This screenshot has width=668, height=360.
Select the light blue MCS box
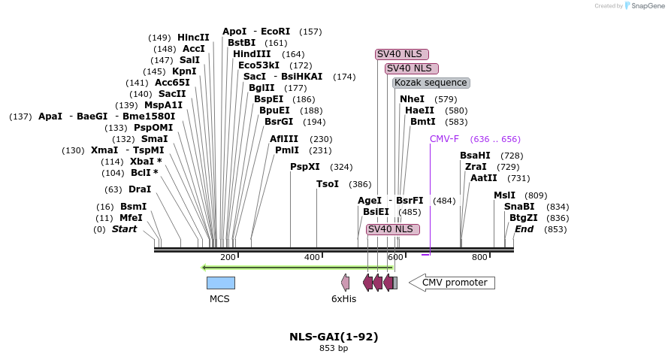tap(220, 283)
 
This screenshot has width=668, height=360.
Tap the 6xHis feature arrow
tap(346, 283)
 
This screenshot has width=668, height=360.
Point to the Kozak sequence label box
tap(431, 83)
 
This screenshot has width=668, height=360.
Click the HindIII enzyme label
tap(252, 54)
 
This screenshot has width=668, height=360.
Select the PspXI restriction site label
tap(305, 167)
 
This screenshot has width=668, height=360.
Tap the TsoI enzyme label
tap(328, 184)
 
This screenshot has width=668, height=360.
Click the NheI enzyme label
tap(412, 99)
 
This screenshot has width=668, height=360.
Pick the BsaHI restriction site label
tap(475, 156)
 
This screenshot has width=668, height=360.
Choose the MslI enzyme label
tap(504, 195)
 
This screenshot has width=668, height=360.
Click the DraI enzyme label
tap(140, 189)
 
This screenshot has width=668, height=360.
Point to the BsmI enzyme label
tap(133, 207)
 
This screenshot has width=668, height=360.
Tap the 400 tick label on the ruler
tap(312, 258)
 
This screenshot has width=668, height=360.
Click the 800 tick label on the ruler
tap(479, 258)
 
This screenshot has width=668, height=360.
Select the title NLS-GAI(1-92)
tap(334, 337)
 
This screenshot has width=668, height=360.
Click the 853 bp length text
tap(334, 349)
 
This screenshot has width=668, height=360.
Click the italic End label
tap(524, 229)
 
